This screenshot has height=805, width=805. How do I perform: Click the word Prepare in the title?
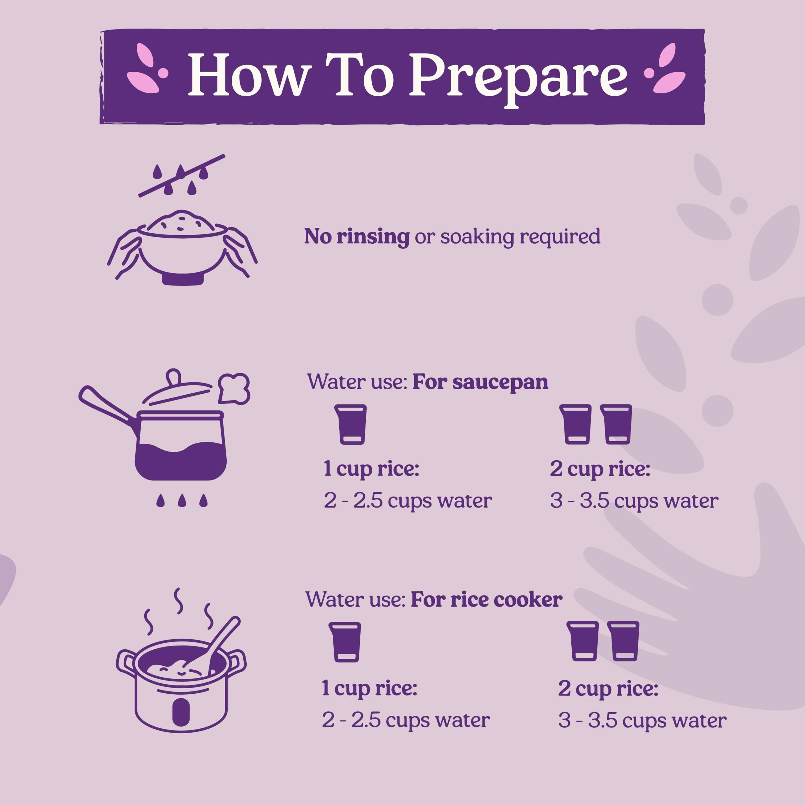click(518, 77)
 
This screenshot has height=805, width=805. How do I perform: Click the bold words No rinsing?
click(357, 237)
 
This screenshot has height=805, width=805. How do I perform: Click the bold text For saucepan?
click(480, 382)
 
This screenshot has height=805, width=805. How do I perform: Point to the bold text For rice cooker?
click(486, 600)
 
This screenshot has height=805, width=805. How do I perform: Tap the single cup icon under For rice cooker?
click(345, 642)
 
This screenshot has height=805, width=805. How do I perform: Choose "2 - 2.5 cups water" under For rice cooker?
click(406, 720)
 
